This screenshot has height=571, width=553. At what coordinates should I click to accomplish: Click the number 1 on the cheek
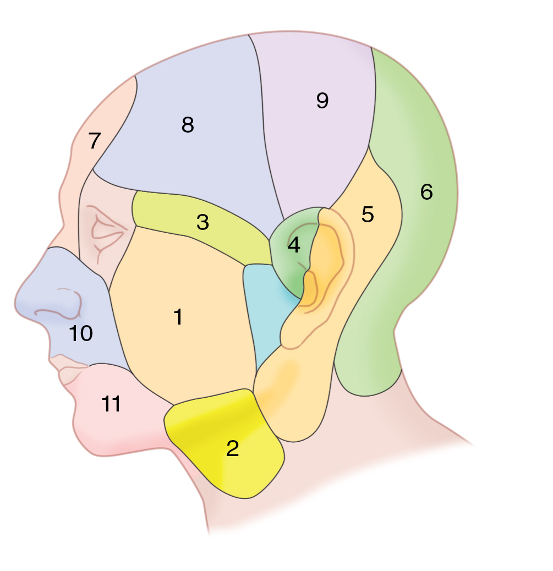coord(178,317)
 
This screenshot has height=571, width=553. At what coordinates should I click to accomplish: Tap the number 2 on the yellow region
coord(233,449)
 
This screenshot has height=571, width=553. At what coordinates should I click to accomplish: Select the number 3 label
coord(202,223)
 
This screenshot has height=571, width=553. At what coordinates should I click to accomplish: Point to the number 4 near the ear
coord(294,245)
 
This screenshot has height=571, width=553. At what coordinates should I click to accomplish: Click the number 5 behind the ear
coord(368,215)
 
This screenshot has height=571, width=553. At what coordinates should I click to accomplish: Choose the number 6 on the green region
coord(426,192)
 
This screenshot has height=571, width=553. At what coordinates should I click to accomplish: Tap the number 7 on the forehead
coord(95,141)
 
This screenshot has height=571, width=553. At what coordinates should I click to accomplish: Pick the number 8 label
coord(188,125)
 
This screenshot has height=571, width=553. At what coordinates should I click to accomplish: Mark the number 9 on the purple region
coord(322,100)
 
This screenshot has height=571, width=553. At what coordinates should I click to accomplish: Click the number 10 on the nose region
coord(81,333)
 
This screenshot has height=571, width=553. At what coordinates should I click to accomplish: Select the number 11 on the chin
coord(111,405)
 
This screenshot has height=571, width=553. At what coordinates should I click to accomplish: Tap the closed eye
coord(107,231)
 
